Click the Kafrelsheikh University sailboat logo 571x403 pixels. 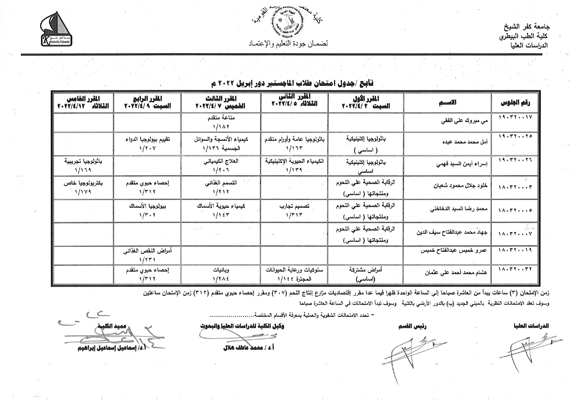56,30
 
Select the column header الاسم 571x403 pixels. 447,103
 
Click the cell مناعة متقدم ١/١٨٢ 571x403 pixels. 221,122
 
